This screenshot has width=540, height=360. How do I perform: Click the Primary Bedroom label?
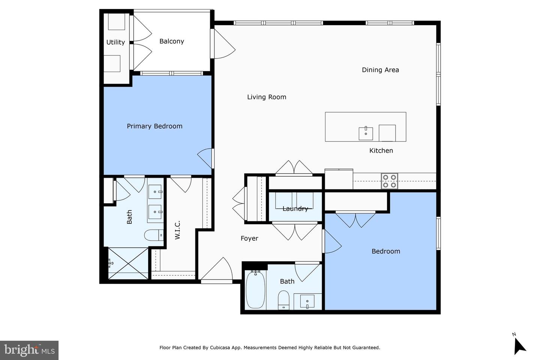pyautogui.click(x=154, y=126)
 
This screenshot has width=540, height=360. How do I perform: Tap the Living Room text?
pyautogui.click(x=267, y=97)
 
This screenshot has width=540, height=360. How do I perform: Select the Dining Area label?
pyautogui.click(x=380, y=70)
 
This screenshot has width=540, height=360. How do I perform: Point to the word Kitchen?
pyautogui.click(x=381, y=150)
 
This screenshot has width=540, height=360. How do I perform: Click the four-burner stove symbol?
pyautogui.click(x=389, y=181)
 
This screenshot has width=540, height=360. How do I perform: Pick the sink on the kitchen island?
pyautogui.click(x=366, y=133)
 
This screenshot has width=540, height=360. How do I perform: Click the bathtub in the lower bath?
pyautogui.click(x=255, y=289)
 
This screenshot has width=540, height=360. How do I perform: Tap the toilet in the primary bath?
pyautogui.click(x=154, y=235)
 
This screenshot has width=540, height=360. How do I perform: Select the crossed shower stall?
pyautogui.click(x=128, y=263)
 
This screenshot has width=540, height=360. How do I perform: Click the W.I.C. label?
pyautogui.click(x=177, y=230)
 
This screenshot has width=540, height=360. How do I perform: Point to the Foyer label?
pyautogui.click(x=249, y=238)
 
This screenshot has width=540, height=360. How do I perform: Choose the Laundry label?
pyautogui.click(x=295, y=208)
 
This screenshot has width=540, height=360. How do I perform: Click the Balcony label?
pyautogui.click(x=172, y=41)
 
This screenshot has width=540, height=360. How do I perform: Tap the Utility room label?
pyautogui.click(x=115, y=42)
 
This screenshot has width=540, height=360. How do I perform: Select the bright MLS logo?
pyautogui.click(x=29, y=350)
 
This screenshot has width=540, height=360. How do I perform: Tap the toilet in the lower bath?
pyautogui.click(x=283, y=300)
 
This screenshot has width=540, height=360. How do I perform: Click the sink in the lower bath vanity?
pyautogui.click(x=307, y=301)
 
